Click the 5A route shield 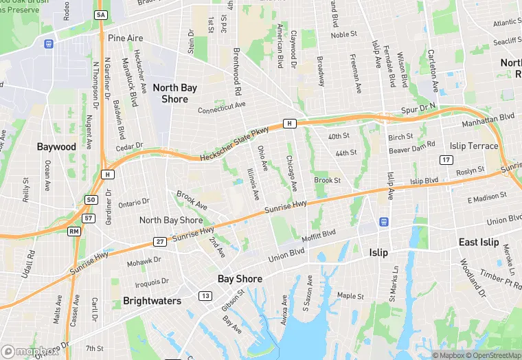point(102,15)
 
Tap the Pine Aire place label point(126,38)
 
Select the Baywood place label point(56,147)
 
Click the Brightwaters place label point(152,301)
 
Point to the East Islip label point(479,243)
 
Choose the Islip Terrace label point(474,146)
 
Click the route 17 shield point(446,159)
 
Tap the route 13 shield point(205,295)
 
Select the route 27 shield point(159,241)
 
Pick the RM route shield point(73,232)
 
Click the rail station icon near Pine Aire point(48,44)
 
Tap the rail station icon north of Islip point(383,222)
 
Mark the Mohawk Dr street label point(144,261)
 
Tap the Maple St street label point(350,296)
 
